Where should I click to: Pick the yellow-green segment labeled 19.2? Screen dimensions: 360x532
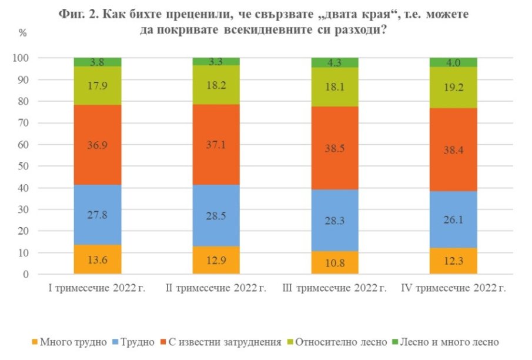[x=453, y=87]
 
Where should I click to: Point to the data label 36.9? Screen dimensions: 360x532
[x=98, y=145]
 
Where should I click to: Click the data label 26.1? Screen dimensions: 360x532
[x=453, y=219]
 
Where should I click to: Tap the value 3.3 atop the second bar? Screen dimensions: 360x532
[x=216, y=62]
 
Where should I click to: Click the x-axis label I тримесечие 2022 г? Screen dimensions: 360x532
[x=98, y=288]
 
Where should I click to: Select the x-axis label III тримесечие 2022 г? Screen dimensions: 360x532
[x=335, y=288]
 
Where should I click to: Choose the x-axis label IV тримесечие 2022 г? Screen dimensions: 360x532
[x=453, y=288]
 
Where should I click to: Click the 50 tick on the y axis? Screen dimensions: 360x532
[x=23, y=166]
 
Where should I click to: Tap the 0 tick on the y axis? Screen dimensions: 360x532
[x=25, y=275]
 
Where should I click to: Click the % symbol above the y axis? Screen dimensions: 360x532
[x=23, y=33]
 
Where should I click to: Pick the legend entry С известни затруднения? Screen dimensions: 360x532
[x=228, y=342]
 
